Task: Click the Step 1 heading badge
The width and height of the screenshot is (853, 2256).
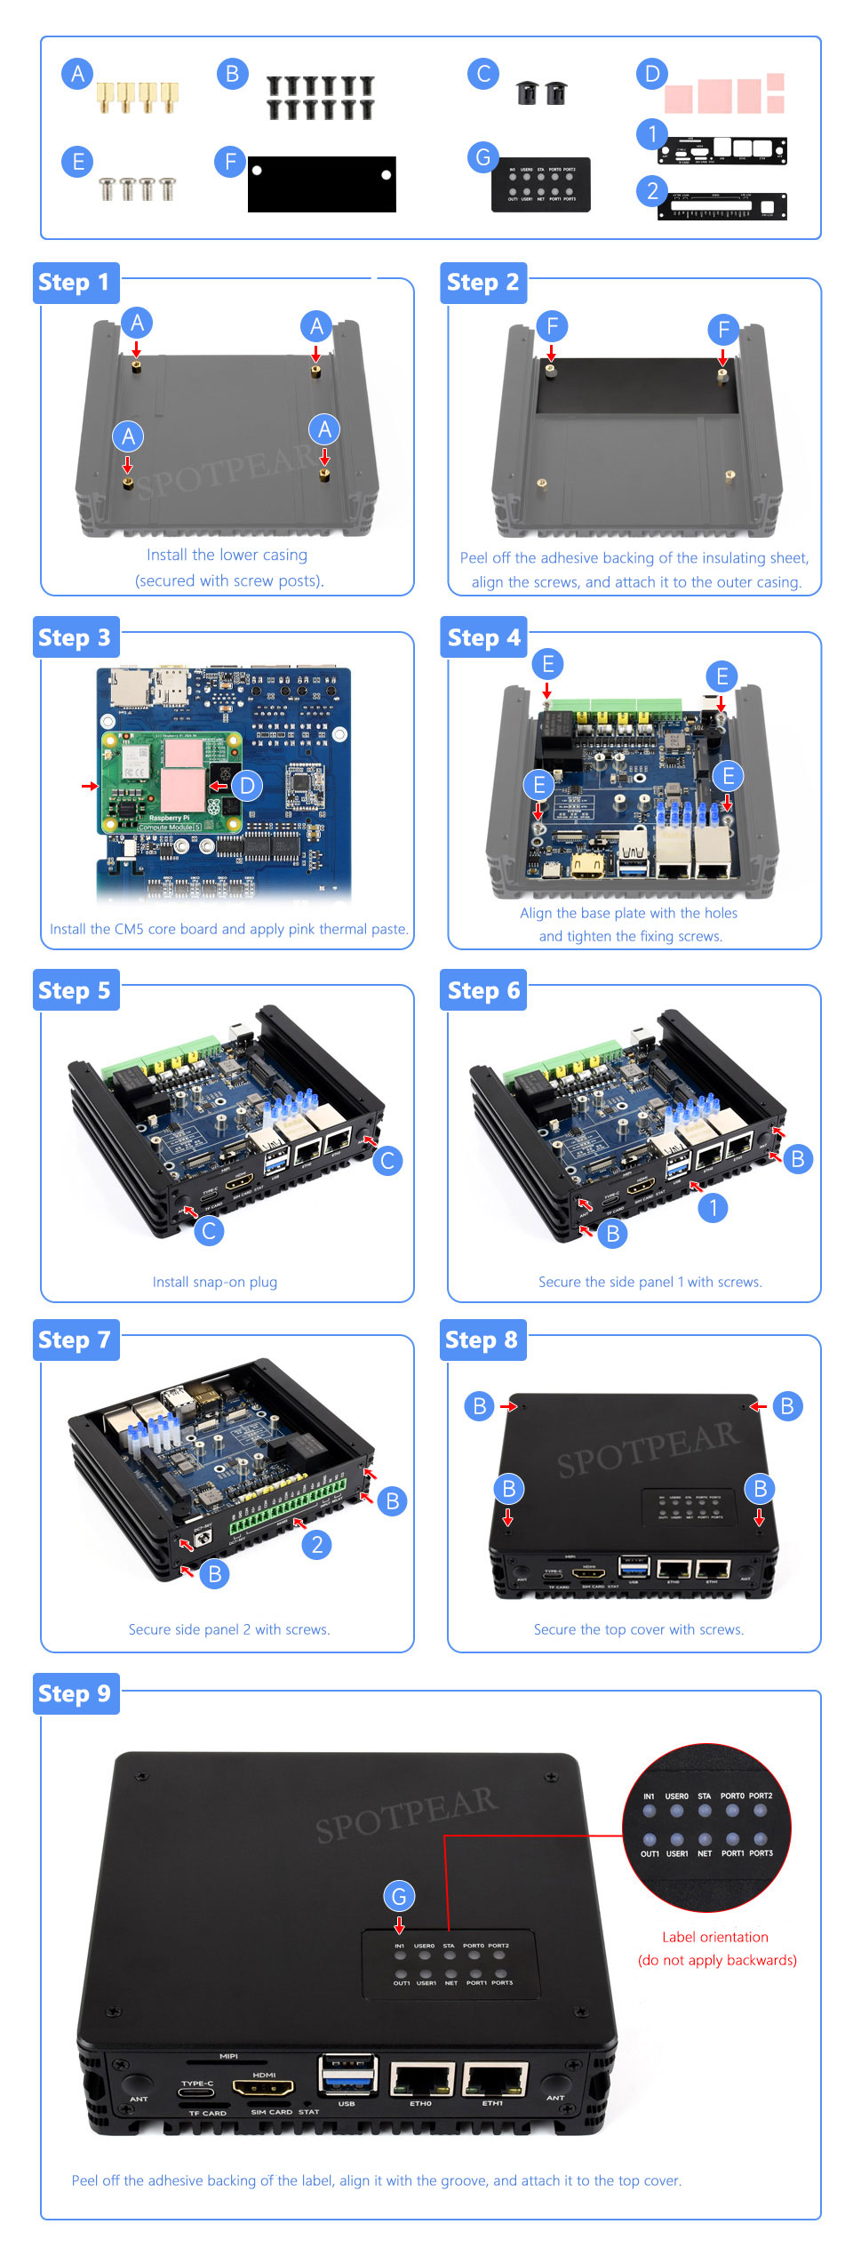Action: (x=75, y=283)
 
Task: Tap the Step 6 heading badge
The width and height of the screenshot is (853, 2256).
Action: (x=483, y=990)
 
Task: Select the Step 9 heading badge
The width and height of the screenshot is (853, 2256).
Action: (x=75, y=1693)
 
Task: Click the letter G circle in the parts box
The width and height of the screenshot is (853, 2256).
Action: (x=482, y=157)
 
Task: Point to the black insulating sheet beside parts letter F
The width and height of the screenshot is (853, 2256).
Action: (x=322, y=184)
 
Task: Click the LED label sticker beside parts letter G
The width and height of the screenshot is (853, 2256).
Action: (x=540, y=185)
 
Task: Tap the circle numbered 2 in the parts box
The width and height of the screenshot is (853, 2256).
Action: (x=652, y=190)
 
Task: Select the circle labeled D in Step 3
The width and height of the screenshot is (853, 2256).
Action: (x=247, y=785)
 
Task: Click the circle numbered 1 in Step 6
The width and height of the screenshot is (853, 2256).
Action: (x=713, y=1207)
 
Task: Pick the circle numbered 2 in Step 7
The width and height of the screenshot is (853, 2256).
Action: (x=317, y=1544)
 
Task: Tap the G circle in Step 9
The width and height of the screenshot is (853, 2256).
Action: (x=399, y=1896)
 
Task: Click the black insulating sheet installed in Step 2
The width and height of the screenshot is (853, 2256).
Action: (x=636, y=387)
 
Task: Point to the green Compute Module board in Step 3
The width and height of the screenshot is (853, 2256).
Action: (x=170, y=783)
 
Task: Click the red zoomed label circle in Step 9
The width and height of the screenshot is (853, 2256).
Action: (x=706, y=1827)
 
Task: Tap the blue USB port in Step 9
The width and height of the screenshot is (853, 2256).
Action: (x=347, y=2077)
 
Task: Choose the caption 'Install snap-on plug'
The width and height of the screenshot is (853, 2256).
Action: (x=214, y=1282)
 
